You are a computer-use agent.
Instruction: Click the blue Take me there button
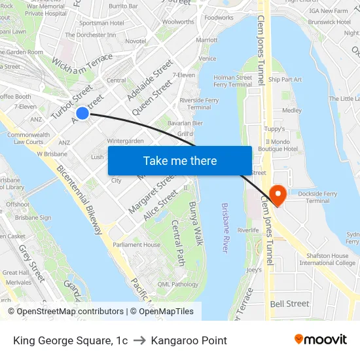180,160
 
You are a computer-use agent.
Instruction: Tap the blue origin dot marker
82,113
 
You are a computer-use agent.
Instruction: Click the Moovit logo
320,340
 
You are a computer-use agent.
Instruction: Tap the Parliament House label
136,245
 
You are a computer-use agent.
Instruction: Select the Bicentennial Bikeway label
79,200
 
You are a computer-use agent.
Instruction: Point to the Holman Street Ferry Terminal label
232,81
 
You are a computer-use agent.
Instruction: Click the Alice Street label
160,205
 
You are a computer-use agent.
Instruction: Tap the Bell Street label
289,304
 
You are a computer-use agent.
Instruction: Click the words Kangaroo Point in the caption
189,340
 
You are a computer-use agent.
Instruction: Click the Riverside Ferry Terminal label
199,104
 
